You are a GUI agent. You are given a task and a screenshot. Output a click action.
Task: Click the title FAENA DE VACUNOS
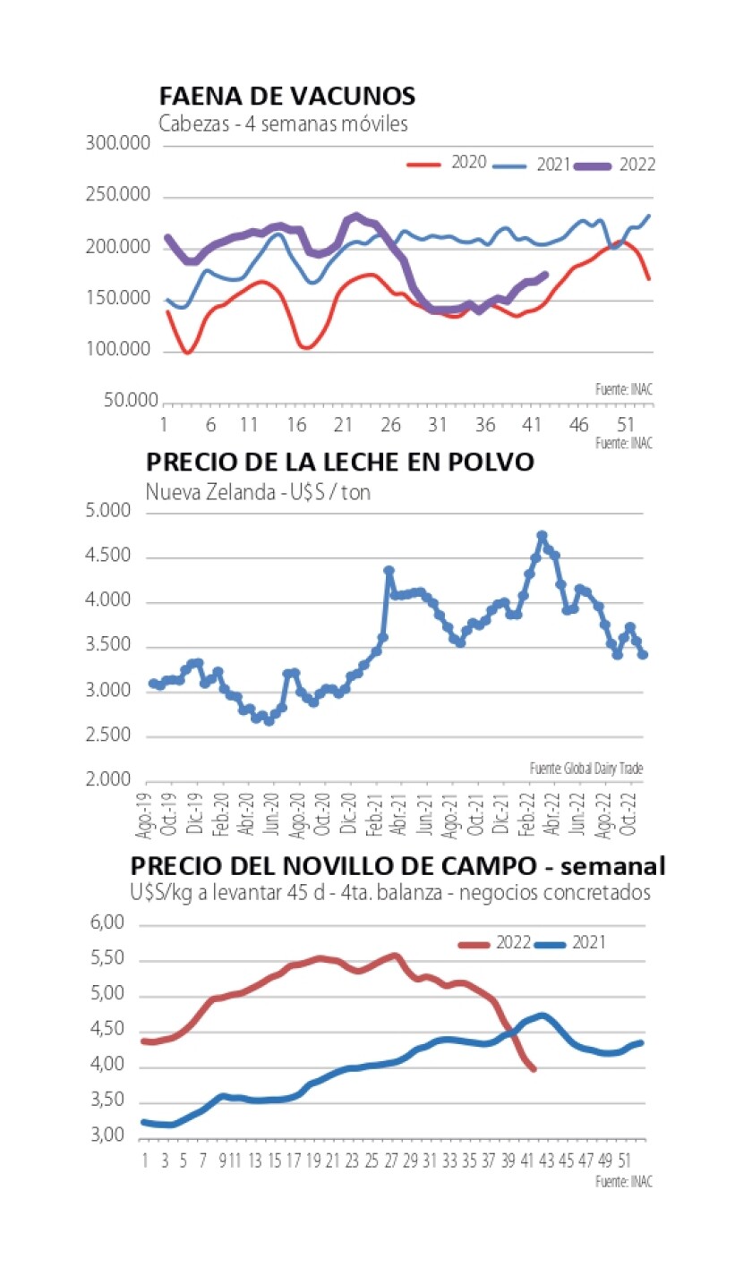click(x=286, y=97)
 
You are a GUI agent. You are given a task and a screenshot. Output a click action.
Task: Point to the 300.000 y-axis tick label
click(x=118, y=144)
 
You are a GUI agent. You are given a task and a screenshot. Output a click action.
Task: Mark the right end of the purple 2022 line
click(x=546, y=275)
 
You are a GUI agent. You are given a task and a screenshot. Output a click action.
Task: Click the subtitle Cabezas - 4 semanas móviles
click(x=283, y=124)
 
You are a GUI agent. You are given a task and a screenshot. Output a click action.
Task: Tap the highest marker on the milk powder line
click(x=542, y=536)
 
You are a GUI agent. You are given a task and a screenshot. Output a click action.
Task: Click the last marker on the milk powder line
click(x=643, y=655)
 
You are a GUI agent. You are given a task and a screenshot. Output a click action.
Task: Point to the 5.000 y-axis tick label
click(x=110, y=513)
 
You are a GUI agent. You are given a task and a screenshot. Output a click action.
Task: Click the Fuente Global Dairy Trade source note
click(x=585, y=768)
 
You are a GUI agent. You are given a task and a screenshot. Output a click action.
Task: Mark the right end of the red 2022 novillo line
click(x=534, y=1069)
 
